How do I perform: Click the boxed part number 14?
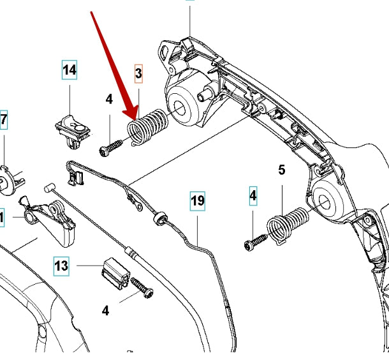tap(70, 70)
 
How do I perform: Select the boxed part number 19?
tap(198, 201)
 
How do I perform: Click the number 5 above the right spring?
tap(281, 170)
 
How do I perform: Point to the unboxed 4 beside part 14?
tap(109, 99)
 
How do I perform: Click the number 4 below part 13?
tap(106, 311)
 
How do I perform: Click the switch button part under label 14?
tap(73, 125)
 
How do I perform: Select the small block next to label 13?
tap(114, 275)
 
